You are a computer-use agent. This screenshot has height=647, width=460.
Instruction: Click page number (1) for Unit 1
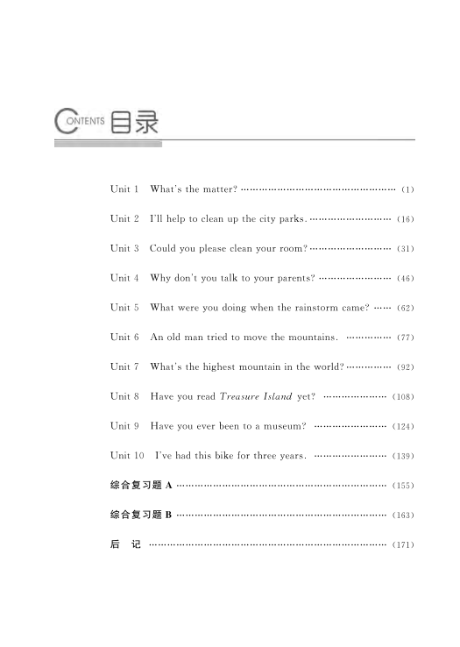(407, 189)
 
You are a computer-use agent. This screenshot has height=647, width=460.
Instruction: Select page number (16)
(405, 219)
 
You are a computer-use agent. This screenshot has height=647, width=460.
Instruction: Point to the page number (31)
(405, 249)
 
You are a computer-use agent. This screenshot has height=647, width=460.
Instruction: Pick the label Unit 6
(124, 338)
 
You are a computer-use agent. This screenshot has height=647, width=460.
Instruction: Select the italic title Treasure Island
(256, 396)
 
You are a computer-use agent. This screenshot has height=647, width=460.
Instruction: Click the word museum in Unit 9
(282, 426)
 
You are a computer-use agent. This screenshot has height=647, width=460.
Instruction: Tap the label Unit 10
(127, 456)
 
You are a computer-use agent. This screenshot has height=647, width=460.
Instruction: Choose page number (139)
(403, 456)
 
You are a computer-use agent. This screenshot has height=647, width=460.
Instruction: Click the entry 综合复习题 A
(140, 486)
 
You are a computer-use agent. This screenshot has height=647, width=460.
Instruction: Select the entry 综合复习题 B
(140, 515)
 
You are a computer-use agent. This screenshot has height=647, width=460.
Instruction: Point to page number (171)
(403, 544)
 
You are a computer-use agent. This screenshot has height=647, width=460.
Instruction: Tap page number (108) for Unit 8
(403, 396)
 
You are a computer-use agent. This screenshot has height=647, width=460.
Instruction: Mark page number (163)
(403, 515)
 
